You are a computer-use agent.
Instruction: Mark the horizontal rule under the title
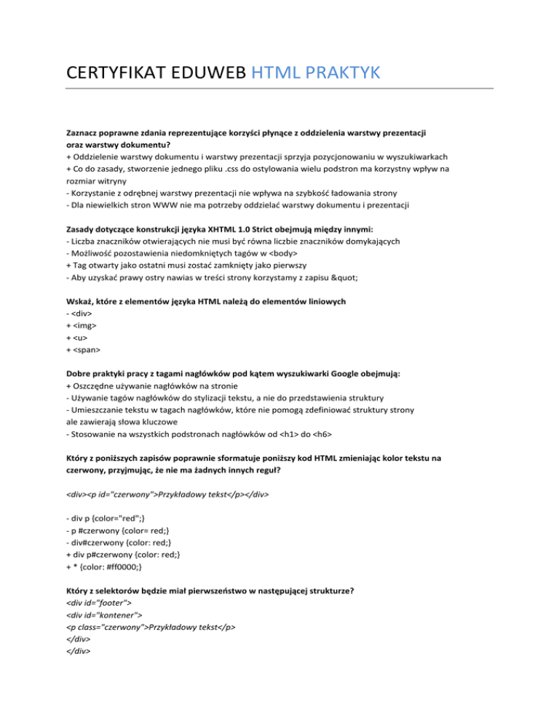(279, 89)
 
